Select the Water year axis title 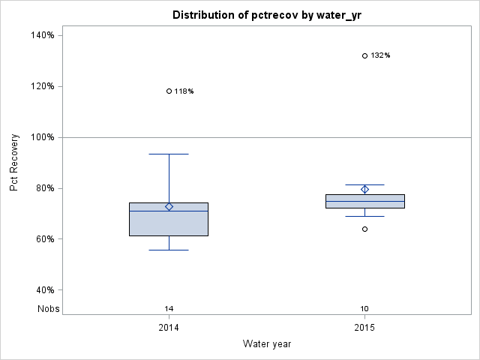coord(267,343)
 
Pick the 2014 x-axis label coord(169,328)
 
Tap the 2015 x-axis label coord(365,328)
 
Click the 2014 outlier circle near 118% coord(169,91)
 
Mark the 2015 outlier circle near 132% coord(365,55)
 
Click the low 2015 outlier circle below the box coord(365,229)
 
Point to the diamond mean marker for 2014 coord(169,207)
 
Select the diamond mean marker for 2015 coord(365,190)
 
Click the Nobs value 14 coord(169,308)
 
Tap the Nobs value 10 coord(365,308)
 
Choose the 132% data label coord(381,55)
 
